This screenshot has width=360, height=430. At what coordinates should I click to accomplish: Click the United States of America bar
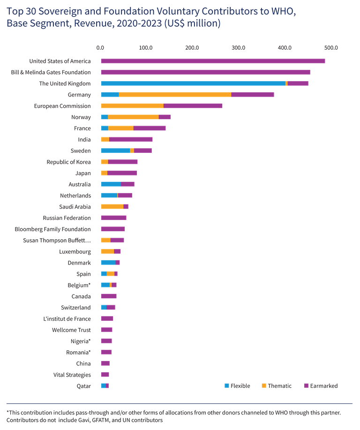(213, 61)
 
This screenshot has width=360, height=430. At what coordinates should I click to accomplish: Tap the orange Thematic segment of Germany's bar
(175, 95)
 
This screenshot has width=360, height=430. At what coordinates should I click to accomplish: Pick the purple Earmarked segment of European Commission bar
(193, 106)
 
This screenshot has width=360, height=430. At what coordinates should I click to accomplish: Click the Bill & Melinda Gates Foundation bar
(205, 72)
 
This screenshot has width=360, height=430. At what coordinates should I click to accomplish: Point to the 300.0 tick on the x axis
(238, 48)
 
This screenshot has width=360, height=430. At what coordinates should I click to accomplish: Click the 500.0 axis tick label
(330, 48)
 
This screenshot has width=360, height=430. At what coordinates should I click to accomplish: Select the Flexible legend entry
(237, 386)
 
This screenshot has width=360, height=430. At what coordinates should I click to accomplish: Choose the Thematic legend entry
(277, 386)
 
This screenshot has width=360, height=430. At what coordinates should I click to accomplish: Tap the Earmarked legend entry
(321, 386)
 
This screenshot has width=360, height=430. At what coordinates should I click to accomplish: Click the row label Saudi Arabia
(75, 207)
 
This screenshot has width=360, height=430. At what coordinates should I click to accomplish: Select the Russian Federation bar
(113, 218)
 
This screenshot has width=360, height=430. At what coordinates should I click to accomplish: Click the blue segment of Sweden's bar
(115, 151)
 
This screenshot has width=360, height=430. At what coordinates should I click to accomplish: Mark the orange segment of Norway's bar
(133, 117)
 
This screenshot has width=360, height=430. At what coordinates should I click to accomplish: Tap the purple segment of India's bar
(131, 140)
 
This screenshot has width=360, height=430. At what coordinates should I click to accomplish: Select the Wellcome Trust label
(72, 330)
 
